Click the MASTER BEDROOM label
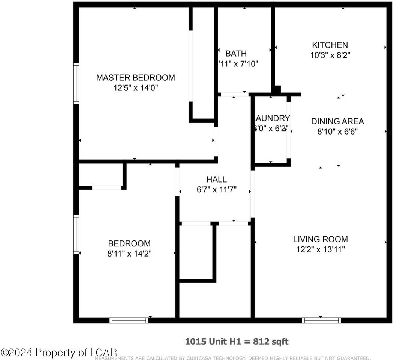[x=135, y=78]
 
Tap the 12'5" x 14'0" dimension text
[x=135, y=88]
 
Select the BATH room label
[x=236, y=54]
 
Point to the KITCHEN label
[x=330, y=45]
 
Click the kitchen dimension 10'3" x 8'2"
[x=330, y=55]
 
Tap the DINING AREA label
[x=337, y=121]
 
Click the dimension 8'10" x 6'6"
[x=337, y=132]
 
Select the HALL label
[x=217, y=180]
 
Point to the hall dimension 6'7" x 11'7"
[x=217, y=190]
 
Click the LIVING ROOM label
[x=320, y=239]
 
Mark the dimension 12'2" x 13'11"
[x=320, y=249]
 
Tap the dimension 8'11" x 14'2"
[x=129, y=253]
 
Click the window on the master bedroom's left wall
[x=76, y=83]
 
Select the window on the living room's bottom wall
[x=321, y=320]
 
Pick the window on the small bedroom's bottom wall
[x=129, y=320]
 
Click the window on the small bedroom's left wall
[x=76, y=234]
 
